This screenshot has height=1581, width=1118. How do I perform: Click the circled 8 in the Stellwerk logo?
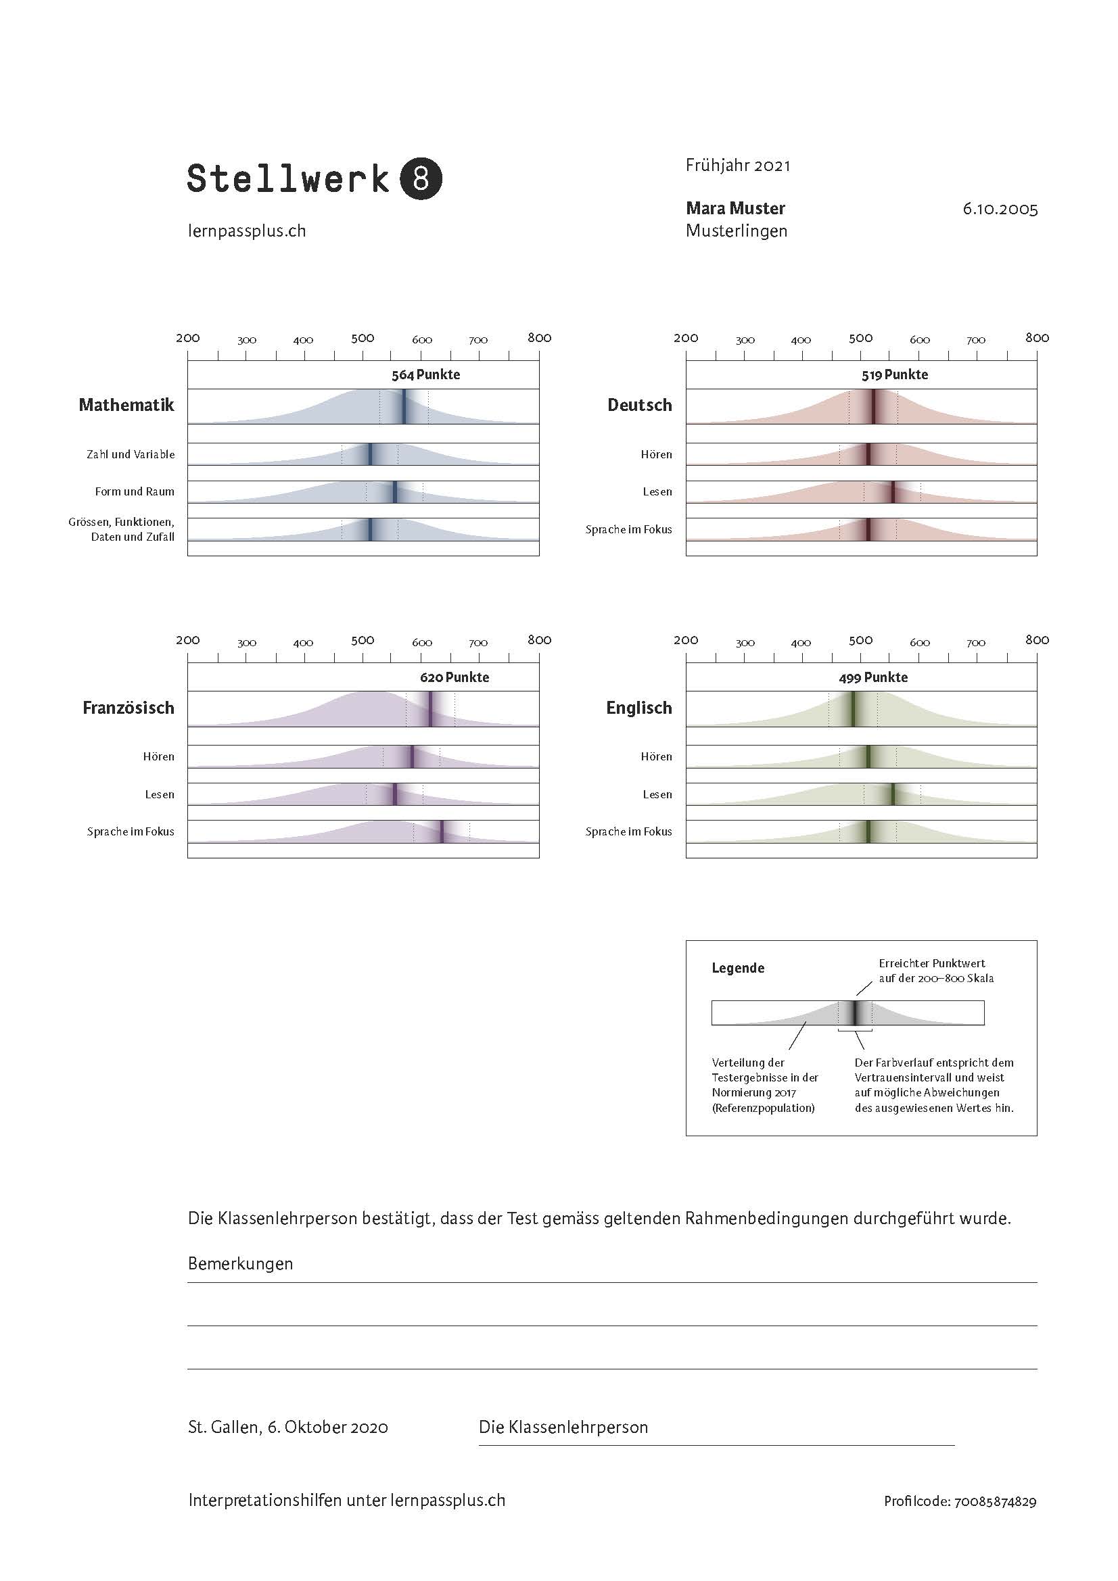click(x=420, y=179)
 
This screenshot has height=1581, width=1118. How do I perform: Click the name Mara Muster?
click(x=735, y=208)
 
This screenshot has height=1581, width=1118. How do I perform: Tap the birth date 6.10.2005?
click(x=1000, y=209)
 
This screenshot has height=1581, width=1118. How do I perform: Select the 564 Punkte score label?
click(x=425, y=374)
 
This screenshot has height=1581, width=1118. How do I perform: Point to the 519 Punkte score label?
click(x=894, y=374)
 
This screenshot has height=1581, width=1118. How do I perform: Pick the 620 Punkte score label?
click(x=454, y=677)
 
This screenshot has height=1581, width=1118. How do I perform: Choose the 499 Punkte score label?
click(x=872, y=677)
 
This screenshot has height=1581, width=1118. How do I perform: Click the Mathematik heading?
click(x=126, y=405)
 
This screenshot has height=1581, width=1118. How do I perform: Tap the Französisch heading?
click(x=128, y=708)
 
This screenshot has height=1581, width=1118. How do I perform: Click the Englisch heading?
click(x=638, y=708)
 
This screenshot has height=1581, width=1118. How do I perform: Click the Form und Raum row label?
click(x=135, y=491)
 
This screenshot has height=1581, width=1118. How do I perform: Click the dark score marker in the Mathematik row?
click(x=404, y=406)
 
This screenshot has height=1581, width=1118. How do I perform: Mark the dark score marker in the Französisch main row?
click(x=431, y=708)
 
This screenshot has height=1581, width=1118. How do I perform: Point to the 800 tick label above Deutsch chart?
click(x=1036, y=337)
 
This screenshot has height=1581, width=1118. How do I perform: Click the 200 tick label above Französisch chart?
click(x=187, y=639)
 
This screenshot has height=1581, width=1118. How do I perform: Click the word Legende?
click(x=738, y=968)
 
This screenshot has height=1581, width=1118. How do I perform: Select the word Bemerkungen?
click(x=240, y=1263)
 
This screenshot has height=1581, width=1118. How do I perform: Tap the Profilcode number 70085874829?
click(x=995, y=1502)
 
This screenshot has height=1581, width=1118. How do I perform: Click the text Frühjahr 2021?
click(x=738, y=165)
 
